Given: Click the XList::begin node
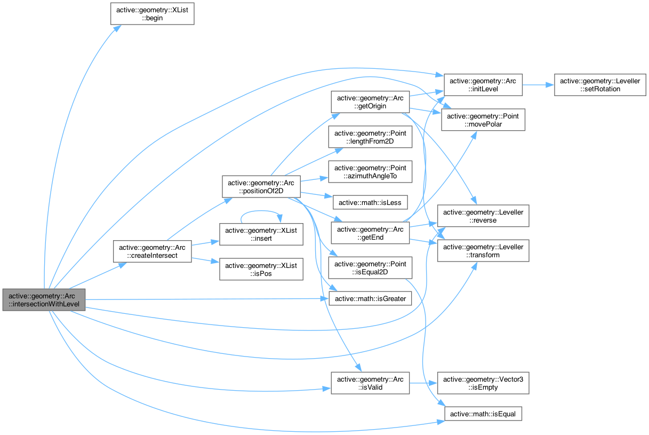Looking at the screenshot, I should click(x=152, y=13).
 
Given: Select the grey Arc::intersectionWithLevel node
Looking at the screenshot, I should click(x=44, y=300).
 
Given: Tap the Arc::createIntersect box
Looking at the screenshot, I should click(x=152, y=251).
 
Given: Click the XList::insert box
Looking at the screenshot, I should click(x=262, y=234).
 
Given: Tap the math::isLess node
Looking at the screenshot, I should click(x=370, y=202).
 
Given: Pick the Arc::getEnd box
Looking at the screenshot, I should click(x=370, y=232).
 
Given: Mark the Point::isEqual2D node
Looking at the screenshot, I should click(x=370, y=268).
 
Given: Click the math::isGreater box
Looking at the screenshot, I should click(x=370, y=299).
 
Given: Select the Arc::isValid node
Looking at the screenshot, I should click(x=370, y=383).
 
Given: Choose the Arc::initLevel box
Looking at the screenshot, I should click(x=484, y=85).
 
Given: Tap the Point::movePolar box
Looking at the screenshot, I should click(x=484, y=120).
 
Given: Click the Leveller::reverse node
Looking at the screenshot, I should click(x=483, y=216).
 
